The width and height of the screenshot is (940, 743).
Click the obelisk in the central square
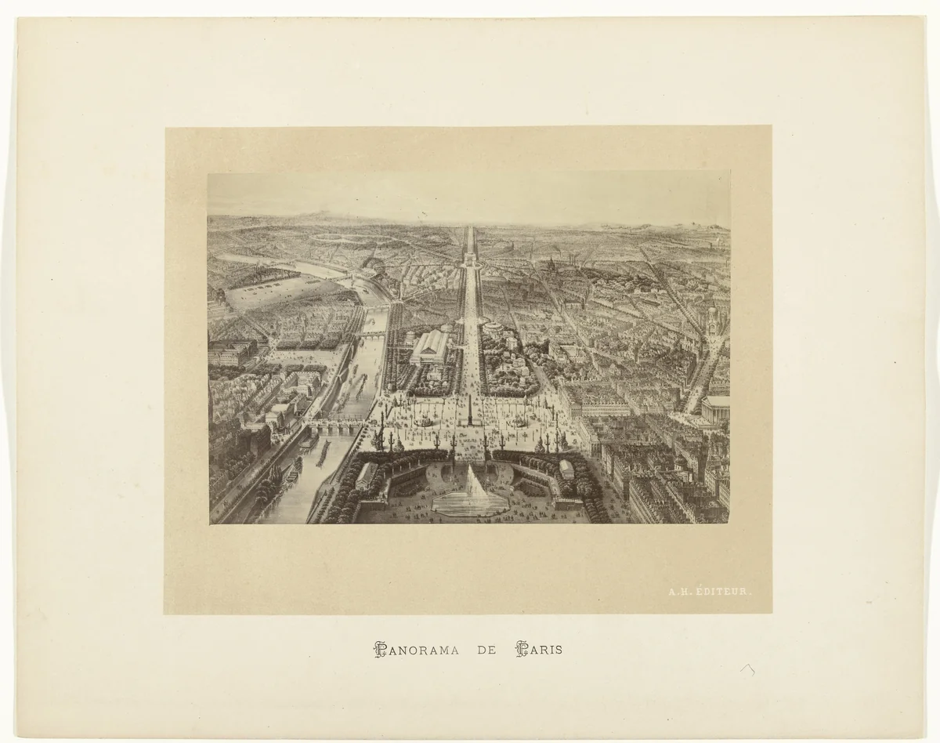pos(469,411)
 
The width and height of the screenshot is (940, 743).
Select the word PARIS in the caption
pos(538,650)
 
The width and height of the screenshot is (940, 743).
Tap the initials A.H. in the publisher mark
pos(679,593)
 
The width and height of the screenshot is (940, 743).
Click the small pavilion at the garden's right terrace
pos(566,469)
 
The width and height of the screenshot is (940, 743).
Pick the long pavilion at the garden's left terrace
pos(365,474)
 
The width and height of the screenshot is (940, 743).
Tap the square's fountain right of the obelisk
pos(519,421)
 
